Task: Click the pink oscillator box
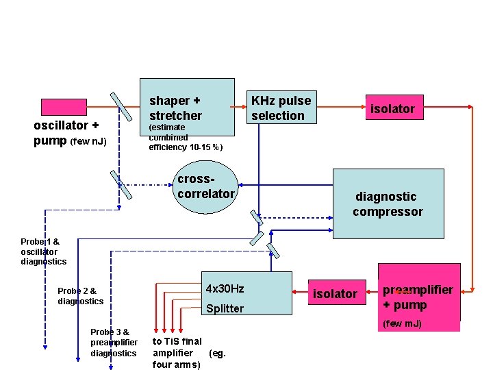64,107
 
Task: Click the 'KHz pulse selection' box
281,108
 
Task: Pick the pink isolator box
392,108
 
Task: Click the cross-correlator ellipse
205,186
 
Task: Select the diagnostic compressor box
388,204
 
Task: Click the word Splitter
225,308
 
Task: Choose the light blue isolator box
335,294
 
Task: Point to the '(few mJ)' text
402,323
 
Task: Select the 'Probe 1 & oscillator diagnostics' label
43,251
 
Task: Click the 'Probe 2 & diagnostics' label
80,296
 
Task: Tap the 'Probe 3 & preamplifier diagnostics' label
114,343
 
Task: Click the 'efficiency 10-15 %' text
186,147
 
